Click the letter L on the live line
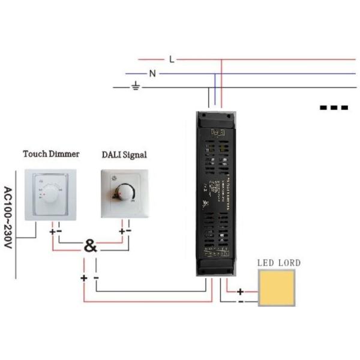pos(172,59)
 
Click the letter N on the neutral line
pos(152,74)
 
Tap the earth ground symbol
pos(136,88)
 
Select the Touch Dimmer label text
pos(51,154)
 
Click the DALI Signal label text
pos(124,155)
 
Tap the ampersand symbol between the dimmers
pos(90,246)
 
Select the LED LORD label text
pos(279,263)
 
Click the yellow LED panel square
pos(277,288)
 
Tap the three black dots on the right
pos(334,108)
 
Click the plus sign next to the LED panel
pos(241,292)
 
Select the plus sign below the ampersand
pos(83,278)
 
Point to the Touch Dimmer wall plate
pos(50,194)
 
